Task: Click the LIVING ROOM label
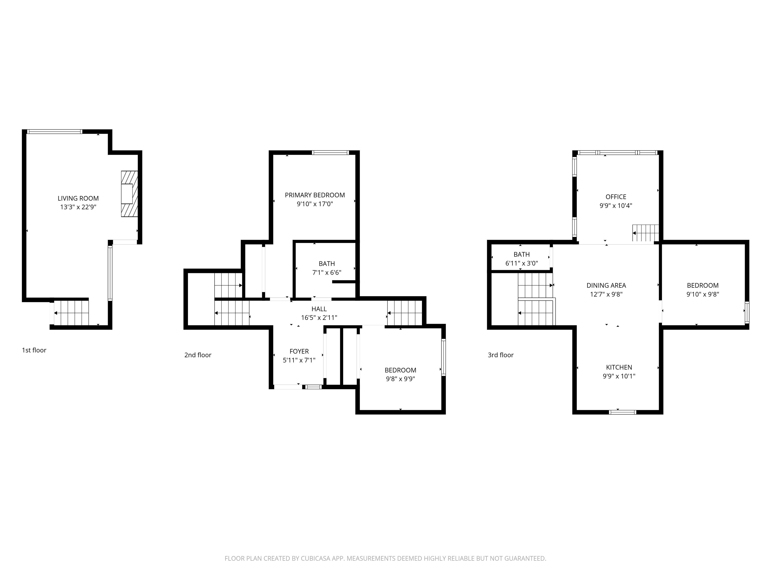(78, 198)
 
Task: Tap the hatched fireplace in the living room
(129, 194)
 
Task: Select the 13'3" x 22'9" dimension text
(78, 207)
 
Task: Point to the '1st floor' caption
(34, 350)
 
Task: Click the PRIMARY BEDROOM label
(315, 195)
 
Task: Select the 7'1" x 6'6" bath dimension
(327, 272)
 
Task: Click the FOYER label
(299, 351)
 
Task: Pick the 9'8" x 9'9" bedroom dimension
(400, 379)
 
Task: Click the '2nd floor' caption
(198, 355)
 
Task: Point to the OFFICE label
(616, 197)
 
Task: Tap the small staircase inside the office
(646, 233)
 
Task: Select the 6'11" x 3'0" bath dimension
(522, 263)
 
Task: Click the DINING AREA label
(606, 285)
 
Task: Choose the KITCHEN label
(619, 367)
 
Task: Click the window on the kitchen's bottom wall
(622, 412)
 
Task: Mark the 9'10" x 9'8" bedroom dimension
(703, 294)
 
